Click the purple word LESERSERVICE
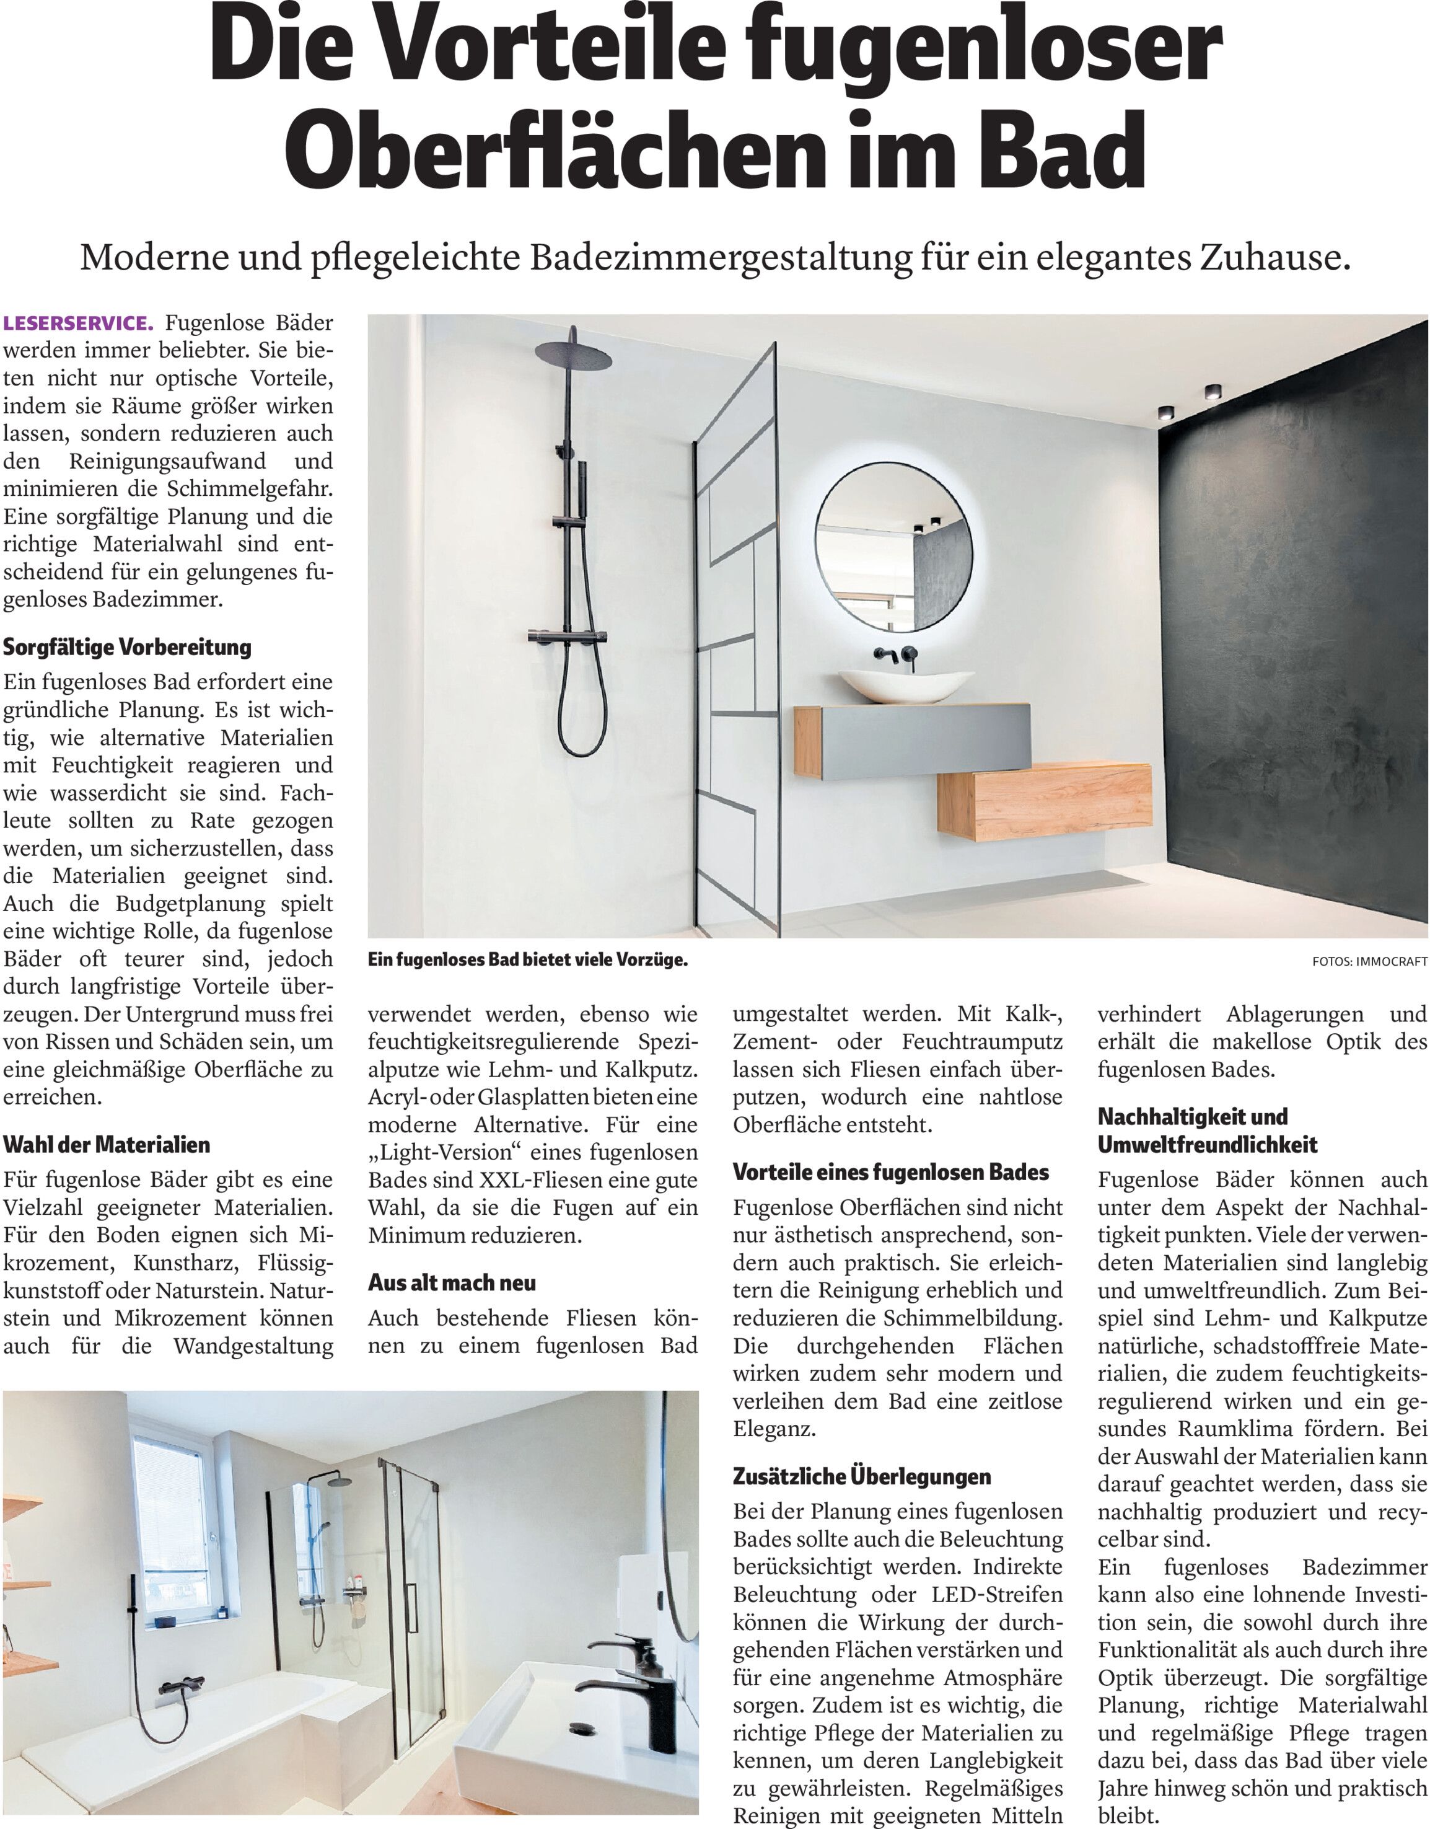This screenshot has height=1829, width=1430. [x=79, y=324]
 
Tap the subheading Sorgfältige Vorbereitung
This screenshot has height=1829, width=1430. [x=127, y=646]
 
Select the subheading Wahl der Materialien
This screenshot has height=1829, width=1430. [x=107, y=1144]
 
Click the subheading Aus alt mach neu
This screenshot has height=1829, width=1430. [x=452, y=1282]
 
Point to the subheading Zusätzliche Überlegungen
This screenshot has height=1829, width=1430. [x=861, y=1476]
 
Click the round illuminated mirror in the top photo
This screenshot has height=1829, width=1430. [x=894, y=546]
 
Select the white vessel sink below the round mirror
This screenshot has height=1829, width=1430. [x=906, y=685]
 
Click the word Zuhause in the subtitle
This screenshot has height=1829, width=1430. [x=1275, y=258]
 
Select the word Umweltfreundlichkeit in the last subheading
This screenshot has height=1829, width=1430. [x=1208, y=1144]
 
